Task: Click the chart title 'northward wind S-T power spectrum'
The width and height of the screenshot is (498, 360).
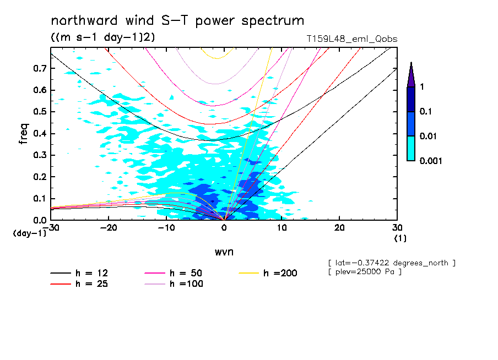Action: pyautogui.click(x=177, y=21)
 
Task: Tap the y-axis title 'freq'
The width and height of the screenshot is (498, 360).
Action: pyautogui.click(x=23, y=134)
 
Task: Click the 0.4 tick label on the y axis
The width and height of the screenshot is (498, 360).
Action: pyautogui.click(x=39, y=134)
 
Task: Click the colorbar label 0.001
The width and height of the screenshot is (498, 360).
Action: pyautogui.click(x=431, y=161)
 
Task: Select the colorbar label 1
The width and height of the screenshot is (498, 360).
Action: pyautogui.click(x=421, y=87)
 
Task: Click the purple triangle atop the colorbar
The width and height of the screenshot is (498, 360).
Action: pyautogui.click(x=411, y=75)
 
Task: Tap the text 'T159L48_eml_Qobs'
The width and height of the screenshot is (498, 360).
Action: pyautogui.click(x=351, y=39)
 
